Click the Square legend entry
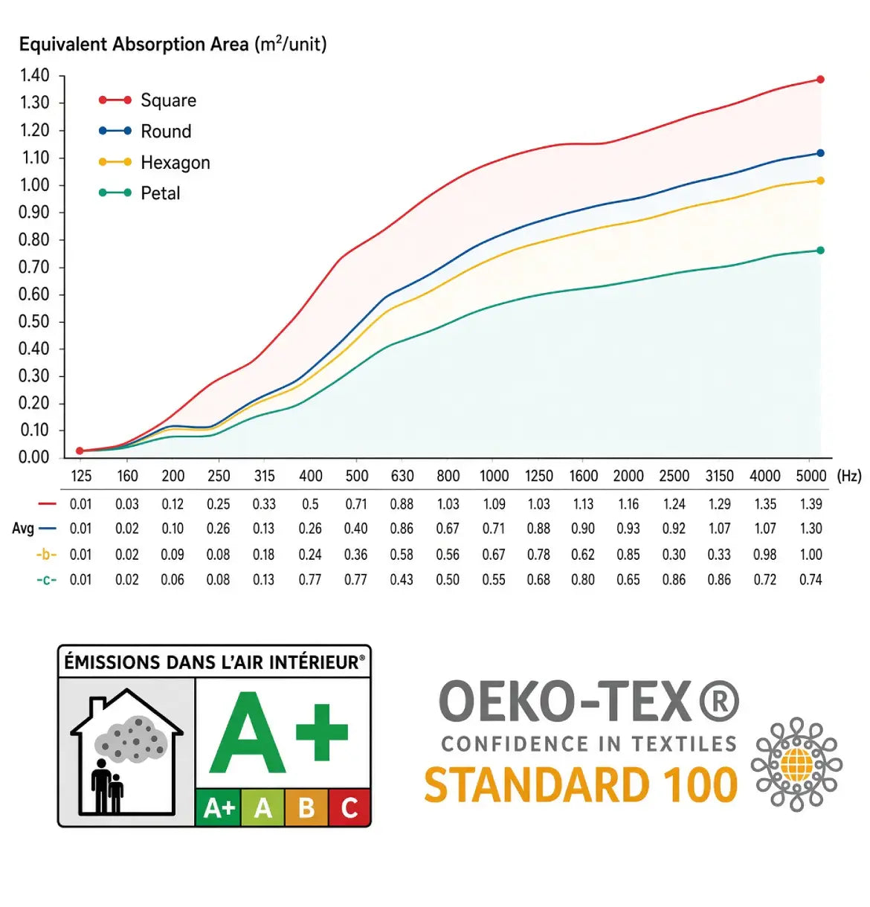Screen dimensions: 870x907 click(x=147, y=100)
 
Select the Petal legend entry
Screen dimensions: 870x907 click(x=139, y=193)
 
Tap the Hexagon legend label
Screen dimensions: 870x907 click(x=175, y=163)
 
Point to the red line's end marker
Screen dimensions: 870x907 click(x=821, y=80)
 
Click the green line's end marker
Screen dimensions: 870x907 click(x=821, y=251)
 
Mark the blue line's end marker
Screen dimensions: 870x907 click(x=821, y=153)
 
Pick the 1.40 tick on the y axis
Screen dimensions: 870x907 click(x=34, y=76)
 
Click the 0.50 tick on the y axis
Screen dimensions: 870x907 click(x=33, y=322)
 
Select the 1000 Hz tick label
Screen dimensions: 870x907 click(x=494, y=476)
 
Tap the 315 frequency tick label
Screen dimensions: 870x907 click(x=265, y=476)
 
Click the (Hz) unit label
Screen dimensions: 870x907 click(x=849, y=476)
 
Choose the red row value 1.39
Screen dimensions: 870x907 click(x=811, y=504)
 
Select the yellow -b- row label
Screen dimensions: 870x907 click(x=46, y=555)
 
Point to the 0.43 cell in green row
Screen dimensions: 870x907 click(x=402, y=580)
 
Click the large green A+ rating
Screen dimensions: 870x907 click(x=278, y=732)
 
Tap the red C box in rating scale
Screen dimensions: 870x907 click(x=349, y=807)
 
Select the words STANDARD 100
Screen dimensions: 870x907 click(x=581, y=785)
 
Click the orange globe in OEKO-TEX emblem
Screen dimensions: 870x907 click(x=796, y=765)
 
